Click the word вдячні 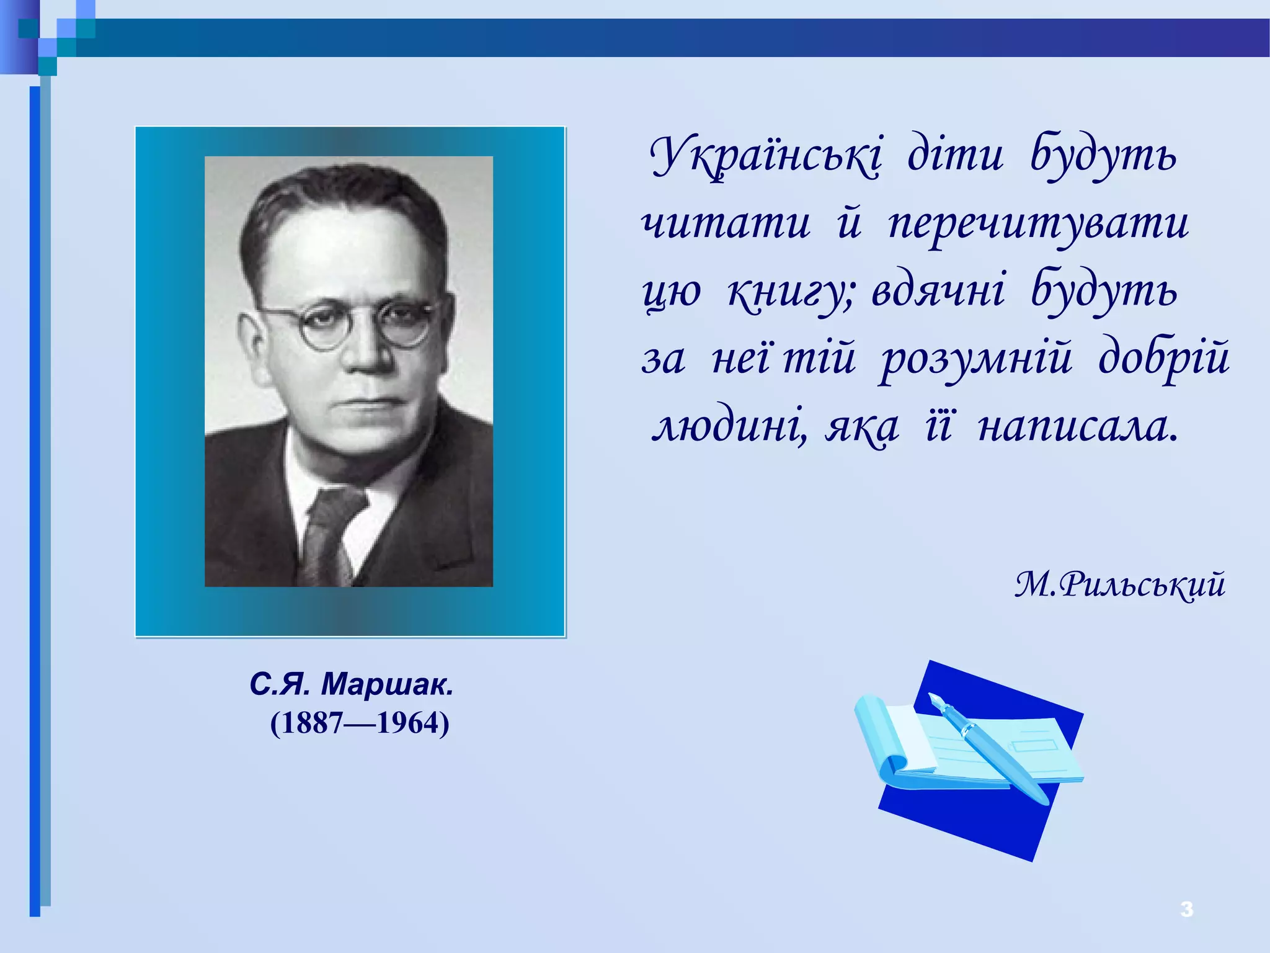click(x=938, y=290)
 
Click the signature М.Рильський click(x=1119, y=584)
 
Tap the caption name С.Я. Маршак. click(x=352, y=684)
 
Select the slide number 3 click(x=1186, y=909)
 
